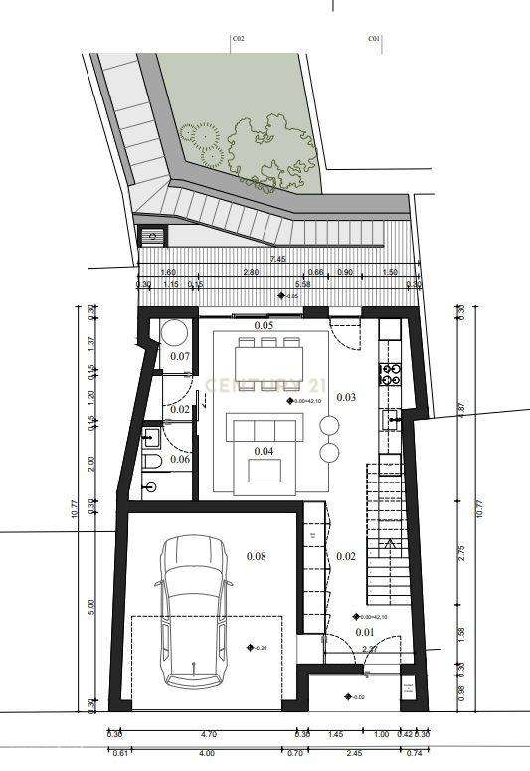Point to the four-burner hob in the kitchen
(x=390, y=375)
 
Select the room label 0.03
(x=346, y=397)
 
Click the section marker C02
(x=238, y=40)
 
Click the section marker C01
(x=374, y=40)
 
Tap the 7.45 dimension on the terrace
(x=275, y=260)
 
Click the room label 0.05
(x=264, y=326)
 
